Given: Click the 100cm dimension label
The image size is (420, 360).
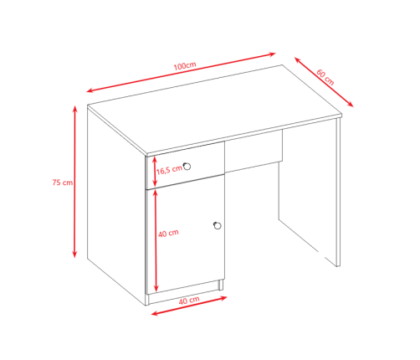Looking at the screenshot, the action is tap(185, 66).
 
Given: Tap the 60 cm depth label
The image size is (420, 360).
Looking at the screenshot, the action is tap(325, 77).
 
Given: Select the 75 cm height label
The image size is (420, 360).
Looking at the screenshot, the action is tap(63, 183).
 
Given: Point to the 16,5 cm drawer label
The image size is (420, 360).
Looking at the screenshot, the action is tap(169, 170).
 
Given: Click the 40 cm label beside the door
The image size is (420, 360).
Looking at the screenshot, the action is tap(168, 234).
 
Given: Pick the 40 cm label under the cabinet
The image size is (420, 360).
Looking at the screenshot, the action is tap(189, 301).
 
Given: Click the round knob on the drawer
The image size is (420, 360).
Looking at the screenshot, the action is tap(187, 167).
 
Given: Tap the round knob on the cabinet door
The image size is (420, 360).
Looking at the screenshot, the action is tap(218, 225).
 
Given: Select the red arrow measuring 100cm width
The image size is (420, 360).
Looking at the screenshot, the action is tap(181, 72).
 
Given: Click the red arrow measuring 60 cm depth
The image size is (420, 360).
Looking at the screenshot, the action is tap(324, 82).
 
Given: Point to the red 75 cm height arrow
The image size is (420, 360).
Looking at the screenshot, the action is tap(74, 182).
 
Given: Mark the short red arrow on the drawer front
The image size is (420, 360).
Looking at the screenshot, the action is tap(155, 172).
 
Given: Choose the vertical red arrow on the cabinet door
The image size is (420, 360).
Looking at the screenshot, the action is tap(156, 240).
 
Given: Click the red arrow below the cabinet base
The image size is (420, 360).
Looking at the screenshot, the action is tap(189, 306).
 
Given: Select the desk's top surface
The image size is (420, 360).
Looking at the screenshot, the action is tap(215, 110).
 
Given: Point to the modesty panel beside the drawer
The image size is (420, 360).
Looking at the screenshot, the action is tap(254, 151).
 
